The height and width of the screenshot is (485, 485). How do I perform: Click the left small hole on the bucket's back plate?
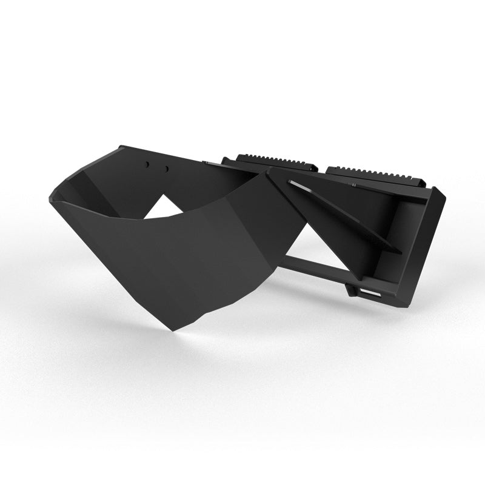click(147, 165)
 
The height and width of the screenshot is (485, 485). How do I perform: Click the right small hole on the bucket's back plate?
click(165, 169)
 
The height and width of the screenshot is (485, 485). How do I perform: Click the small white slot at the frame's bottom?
click(368, 294)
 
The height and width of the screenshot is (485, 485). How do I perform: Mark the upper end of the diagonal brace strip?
click(292, 182)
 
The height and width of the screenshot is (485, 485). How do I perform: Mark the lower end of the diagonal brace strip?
click(396, 250)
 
